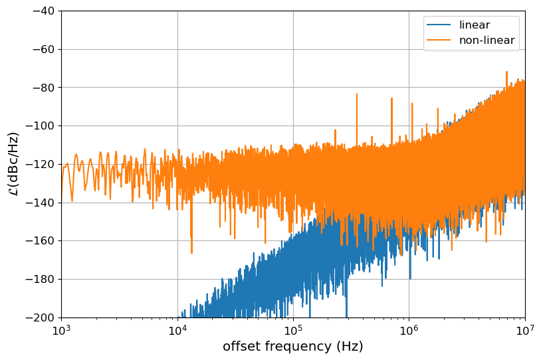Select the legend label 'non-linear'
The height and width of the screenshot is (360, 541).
[487, 40]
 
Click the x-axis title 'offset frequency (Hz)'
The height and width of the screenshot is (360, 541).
[293, 347]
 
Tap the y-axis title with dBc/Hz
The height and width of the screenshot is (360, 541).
[13, 164]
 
